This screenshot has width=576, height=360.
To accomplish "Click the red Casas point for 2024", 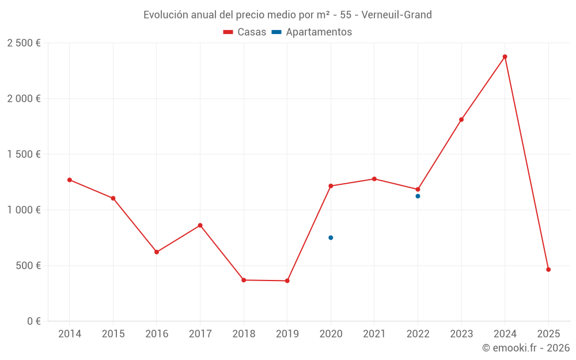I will pos(505,56).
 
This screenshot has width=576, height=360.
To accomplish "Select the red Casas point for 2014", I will pos(70,180).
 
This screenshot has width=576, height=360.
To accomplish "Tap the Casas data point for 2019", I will pos(287,281).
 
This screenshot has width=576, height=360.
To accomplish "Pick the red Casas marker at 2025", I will pos(548,270).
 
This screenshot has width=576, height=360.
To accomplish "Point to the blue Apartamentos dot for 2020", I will pos(331,237).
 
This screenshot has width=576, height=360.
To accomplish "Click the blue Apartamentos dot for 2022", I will pos(418,196).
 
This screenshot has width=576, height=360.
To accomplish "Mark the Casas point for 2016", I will pos(157,252).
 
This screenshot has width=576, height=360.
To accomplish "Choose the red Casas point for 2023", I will pos(461,120).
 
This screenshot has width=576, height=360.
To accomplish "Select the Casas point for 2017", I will pos(200,225).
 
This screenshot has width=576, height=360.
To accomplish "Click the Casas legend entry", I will pos(245,32).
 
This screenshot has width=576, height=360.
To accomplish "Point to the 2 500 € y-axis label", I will pos(24,43).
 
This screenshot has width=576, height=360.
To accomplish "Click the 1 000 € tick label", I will pos(24,210).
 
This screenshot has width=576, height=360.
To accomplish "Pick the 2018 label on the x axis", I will pos(244,334).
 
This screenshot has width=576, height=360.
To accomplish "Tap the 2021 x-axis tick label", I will pos(374,334).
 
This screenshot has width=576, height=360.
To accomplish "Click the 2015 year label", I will pos(113,334).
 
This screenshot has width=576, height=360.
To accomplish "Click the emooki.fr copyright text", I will pos(525,348).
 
